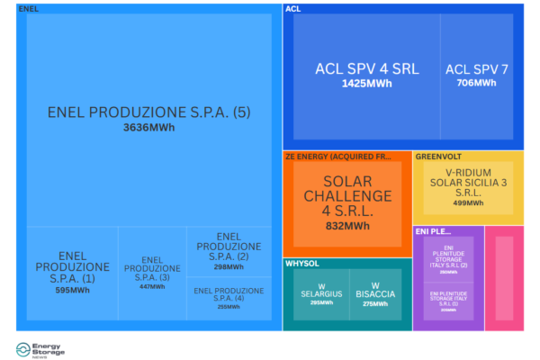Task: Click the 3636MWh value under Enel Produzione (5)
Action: (x=149, y=128)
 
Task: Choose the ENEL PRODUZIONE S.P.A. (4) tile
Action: (x=229, y=297)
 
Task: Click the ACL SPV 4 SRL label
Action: (x=366, y=69)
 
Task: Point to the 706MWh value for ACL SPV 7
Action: (x=477, y=83)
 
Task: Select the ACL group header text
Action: (x=292, y=9)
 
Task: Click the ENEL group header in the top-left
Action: (x=28, y=9)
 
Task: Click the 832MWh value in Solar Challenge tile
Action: (x=346, y=226)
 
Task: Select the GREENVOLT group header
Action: (x=439, y=156)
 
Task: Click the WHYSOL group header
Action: (x=302, y=264)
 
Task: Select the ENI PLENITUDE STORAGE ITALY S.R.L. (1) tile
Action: (x=448, y=300)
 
